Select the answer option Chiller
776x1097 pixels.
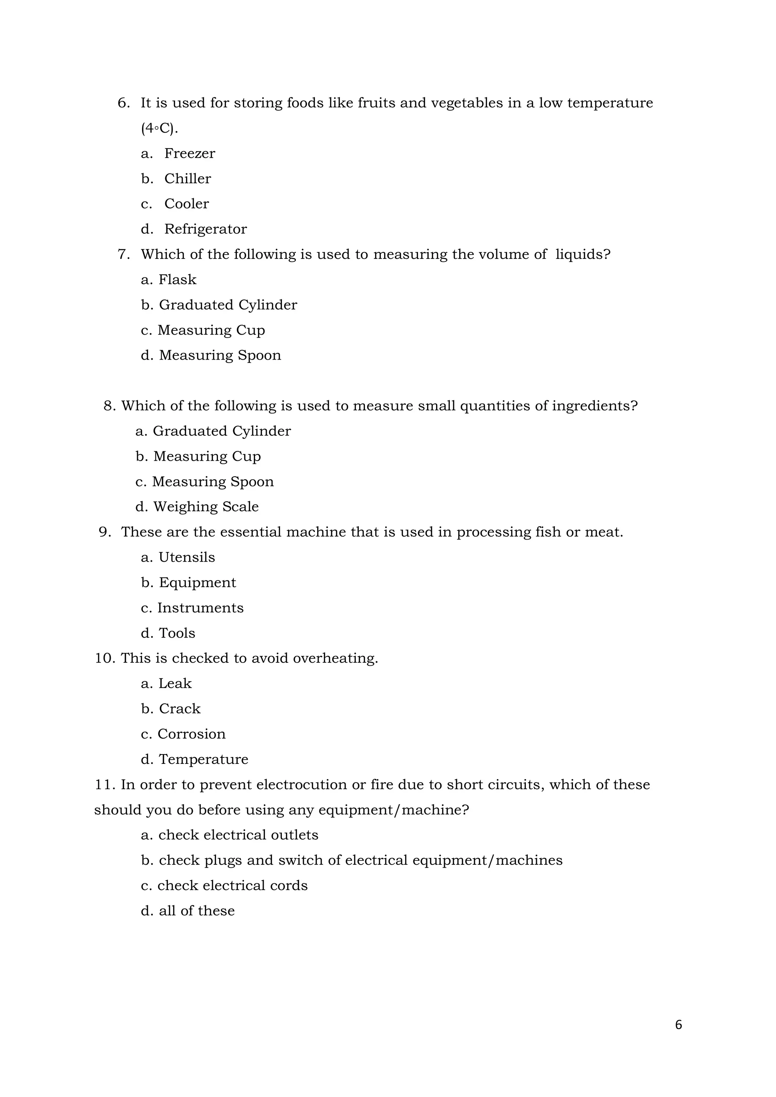[187, 179]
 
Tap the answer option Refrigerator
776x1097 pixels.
[205, 229]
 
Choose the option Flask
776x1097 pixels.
[177, 280]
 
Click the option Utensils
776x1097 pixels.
[186, 557]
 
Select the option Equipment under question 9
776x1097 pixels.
[197, 583]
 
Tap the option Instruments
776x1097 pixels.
[200, 608]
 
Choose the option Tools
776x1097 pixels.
[177, 634]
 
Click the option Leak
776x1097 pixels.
[175, 684]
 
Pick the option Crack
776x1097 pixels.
[180, 709]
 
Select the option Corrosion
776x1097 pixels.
[191, 734]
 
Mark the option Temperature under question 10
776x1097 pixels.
[203, 760]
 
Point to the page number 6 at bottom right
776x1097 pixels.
[679, 1025]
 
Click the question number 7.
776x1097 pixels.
[123, 255]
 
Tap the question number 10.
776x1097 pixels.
[105, 659]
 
